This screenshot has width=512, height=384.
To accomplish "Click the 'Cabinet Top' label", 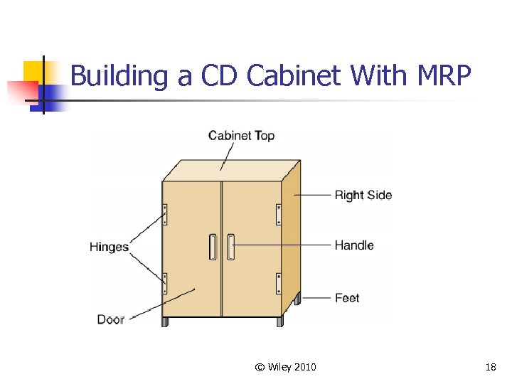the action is (x=241, y=135).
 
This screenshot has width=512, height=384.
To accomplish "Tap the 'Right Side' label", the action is (x=363, y=195).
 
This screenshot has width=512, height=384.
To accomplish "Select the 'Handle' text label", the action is (x=353, y=245).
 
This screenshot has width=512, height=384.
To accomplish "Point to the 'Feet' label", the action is (x=347, y=298).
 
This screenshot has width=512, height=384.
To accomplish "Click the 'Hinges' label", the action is (x=109, y=247).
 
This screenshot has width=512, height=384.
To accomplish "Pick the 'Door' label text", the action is (x=110, y=319).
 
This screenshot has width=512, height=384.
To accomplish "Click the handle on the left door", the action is (x=213, y=247).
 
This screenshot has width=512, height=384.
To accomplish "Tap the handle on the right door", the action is (x=230, y=247).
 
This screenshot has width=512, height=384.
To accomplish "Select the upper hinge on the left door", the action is (x=165, y=214).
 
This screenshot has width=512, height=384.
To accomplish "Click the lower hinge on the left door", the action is (x=165, y=283).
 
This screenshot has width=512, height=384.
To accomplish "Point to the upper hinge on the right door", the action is (x=279, y=214).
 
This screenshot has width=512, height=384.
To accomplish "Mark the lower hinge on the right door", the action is (x=279, y=283).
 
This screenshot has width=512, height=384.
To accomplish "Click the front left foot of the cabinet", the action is (x=166, y=322).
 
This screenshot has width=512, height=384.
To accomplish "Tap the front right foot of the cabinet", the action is (x=279, y=322).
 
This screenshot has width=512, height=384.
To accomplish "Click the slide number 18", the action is (x=490, y=367).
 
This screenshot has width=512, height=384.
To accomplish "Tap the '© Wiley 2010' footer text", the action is (x=285, y=367).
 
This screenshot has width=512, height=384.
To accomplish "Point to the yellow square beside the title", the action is (x=33, y=71).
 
